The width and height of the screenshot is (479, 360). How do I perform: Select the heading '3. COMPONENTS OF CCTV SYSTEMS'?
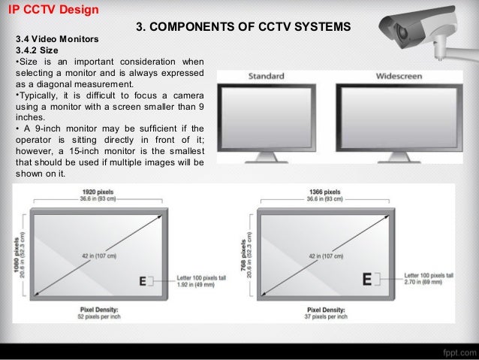(x=243, y=27)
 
